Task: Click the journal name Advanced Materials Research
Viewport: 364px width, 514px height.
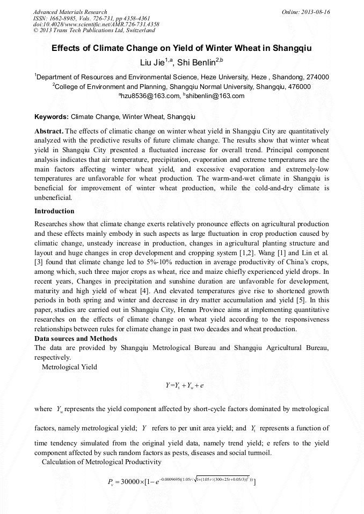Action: [70, 12]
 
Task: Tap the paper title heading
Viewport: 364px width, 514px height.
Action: [181, 48]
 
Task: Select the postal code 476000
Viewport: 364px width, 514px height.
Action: [297, 86]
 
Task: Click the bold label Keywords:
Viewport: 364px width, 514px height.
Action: [52, 116]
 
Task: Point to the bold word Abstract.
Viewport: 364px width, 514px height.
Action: [49, 131]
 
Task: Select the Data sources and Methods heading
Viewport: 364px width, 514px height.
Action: [76, 339]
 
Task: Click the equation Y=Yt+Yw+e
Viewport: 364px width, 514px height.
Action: [184, 385]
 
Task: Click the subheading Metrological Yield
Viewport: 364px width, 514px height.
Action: [69, 368]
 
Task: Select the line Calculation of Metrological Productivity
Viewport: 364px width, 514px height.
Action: [101, 461]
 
